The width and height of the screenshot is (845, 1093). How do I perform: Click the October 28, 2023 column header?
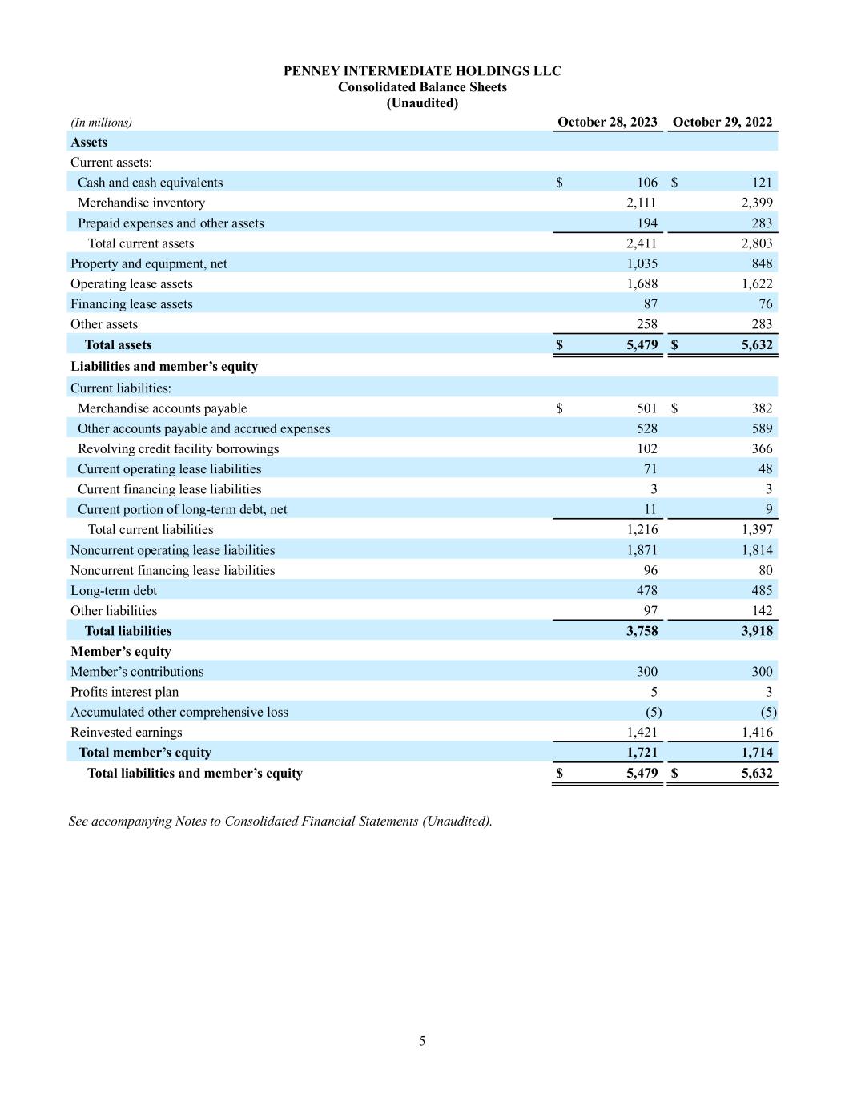(x=607, y=122)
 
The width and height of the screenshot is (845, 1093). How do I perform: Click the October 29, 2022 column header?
(x=722, y=122)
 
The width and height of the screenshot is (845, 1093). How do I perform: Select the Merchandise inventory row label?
(x=141, y=203)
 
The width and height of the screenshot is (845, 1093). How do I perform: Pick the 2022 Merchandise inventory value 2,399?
(x=757, y=203)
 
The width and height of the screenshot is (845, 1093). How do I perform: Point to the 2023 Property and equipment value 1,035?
(x=642, y=263)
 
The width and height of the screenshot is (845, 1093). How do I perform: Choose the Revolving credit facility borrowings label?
(x=178, y=449)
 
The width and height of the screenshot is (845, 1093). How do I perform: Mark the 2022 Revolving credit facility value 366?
(x=762, y=449)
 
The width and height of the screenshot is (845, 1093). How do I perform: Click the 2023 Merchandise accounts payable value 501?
(x=646, y=408)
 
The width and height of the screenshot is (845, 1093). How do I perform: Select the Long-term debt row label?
(x=114, y=591)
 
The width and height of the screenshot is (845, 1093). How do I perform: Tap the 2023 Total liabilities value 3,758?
(x=642, y=631)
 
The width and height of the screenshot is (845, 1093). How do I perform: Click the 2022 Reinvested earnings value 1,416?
(x=757, y=733)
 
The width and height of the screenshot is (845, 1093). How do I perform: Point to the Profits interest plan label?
(x=124, y=692)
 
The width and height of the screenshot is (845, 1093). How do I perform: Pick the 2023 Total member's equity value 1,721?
(x=642, y=753)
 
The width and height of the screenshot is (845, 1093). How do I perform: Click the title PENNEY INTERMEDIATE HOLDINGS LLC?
(x=422, y=71)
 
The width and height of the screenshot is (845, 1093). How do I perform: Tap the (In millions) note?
(x=101, y=123)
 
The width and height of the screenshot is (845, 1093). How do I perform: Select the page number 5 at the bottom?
(x=422, y=1041)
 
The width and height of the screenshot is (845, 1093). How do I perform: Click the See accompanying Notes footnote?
(x=280, y=822)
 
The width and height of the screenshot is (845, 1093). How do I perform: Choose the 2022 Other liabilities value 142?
(x=762, y=611)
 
